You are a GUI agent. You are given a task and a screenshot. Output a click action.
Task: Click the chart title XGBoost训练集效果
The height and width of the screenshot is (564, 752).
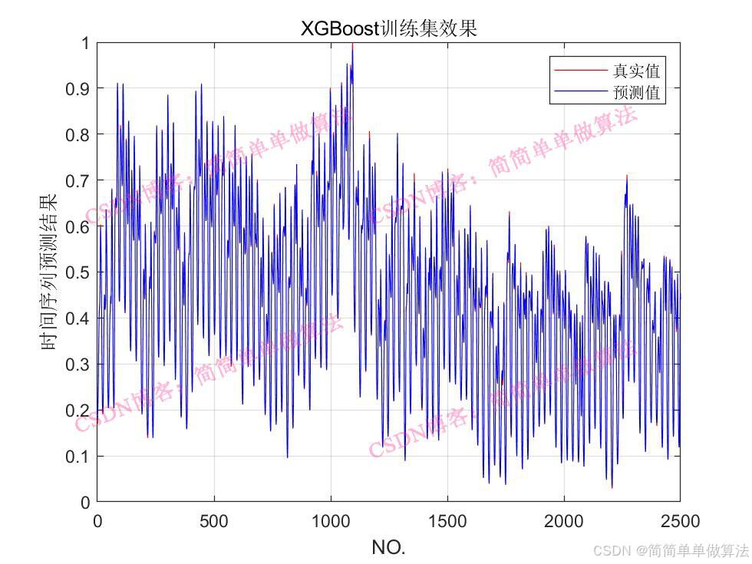[388, 28]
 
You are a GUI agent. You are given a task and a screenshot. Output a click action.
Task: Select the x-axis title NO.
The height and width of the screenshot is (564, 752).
[388, 547]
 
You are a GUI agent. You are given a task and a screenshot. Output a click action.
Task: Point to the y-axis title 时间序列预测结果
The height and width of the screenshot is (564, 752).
[48, 272]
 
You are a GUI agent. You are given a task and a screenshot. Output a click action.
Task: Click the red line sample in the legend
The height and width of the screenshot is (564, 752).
[580, 71]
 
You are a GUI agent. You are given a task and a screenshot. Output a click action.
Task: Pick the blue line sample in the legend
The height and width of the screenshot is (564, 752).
[580, 94]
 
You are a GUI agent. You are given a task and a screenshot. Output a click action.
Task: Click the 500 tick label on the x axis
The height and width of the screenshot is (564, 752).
[213, 522]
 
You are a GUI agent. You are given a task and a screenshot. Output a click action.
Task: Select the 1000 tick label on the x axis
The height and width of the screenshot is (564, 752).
[331, 522]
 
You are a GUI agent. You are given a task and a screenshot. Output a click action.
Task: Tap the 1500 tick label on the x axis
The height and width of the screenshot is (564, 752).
[447, 522]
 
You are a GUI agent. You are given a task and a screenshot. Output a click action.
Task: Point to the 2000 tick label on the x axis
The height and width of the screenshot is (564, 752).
[564, 522]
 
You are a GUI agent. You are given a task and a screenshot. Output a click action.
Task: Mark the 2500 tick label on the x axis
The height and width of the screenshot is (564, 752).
[681, 522]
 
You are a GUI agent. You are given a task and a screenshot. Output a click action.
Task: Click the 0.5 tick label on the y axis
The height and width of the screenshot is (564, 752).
[76, 272]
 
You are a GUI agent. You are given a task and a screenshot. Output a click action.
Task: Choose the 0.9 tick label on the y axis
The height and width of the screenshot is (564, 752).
[76, 88]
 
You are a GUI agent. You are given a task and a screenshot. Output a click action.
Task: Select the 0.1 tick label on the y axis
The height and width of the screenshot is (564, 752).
[76, 457]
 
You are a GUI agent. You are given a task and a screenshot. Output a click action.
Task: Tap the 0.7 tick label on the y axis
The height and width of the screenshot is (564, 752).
[76, 180]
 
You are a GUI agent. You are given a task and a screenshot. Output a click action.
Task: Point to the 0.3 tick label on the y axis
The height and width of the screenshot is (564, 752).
[76, 364]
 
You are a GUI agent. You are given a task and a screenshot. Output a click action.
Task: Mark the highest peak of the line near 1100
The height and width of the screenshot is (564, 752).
[352, 45]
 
